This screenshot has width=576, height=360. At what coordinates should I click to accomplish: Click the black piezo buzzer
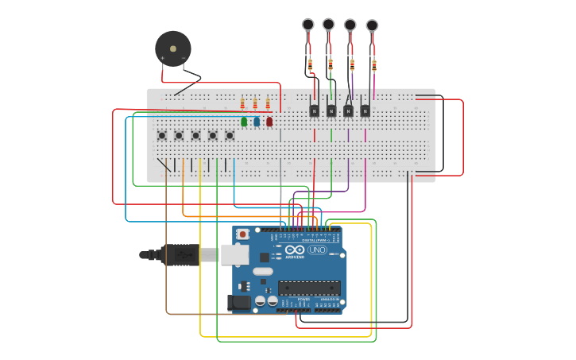(172, 49)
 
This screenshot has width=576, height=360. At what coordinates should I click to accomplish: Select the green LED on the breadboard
(244, 122)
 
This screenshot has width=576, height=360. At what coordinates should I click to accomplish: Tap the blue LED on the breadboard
(257, 122)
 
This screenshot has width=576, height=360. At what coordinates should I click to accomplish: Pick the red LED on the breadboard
(269, 122)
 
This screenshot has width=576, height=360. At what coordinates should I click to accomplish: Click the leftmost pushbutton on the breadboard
(161, 135)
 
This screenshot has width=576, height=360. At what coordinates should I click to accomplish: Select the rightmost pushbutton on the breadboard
(230, 135)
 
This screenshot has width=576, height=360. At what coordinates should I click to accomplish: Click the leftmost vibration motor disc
(308, 25)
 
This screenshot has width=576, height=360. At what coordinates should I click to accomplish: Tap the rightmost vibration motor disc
(372, 26)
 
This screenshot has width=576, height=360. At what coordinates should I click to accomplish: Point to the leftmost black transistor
(314, 110)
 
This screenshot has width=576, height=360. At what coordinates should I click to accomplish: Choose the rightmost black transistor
(365, 110)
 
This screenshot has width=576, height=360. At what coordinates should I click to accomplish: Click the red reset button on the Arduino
(242, 234)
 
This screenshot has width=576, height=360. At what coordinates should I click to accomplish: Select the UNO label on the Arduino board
(317, 250)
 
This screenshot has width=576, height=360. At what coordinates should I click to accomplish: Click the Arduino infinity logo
(295, 250)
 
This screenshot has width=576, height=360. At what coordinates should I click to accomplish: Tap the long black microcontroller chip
(309, 288)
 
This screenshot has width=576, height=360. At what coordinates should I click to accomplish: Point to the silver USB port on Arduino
(234, 254)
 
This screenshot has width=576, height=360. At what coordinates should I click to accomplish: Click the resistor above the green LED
(242, 104)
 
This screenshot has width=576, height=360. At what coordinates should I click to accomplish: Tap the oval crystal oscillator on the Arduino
(263, 271)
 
